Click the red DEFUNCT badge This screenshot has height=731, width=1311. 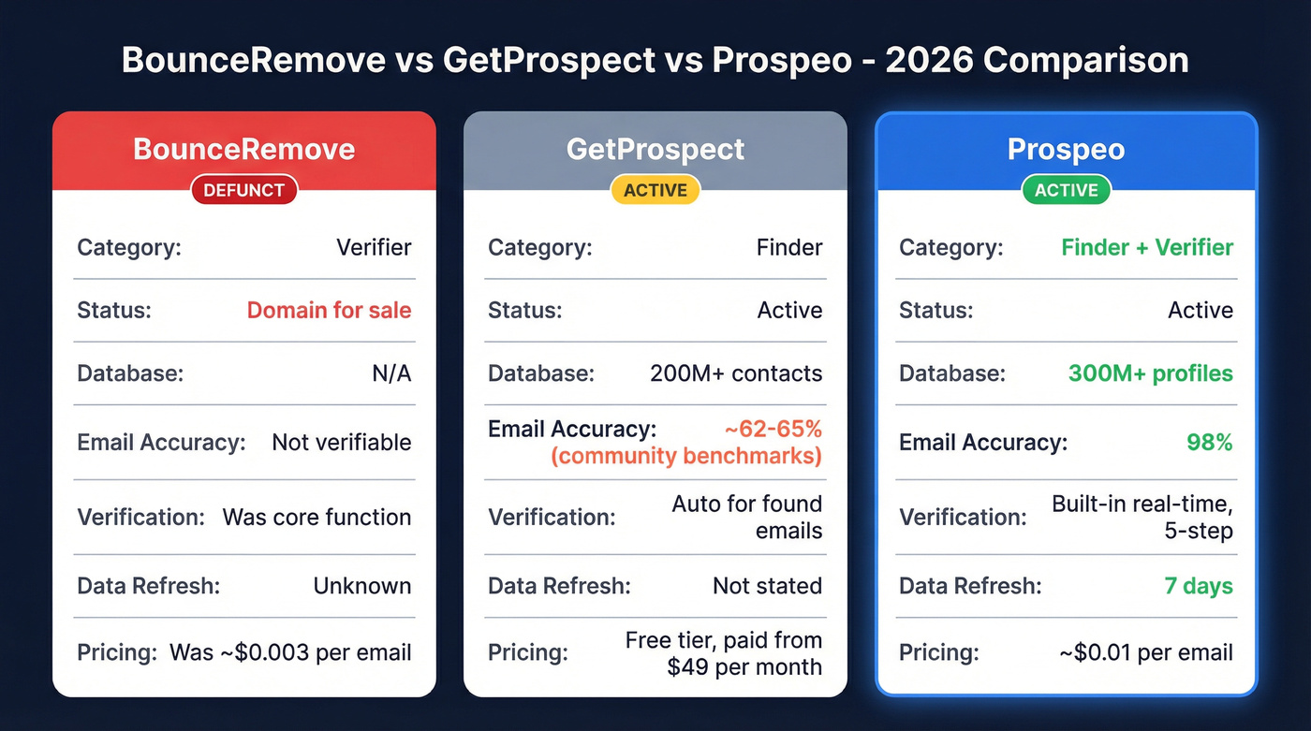(x=243, y=190)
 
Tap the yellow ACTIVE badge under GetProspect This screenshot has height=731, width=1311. (x=655, y=190)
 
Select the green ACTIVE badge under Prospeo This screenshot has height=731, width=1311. (x=1066, y=190)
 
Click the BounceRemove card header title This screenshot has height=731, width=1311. (x=243, y=149)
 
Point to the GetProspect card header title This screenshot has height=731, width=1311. (x=655, y=149)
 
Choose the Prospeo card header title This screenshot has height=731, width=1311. (x=1066, y=149)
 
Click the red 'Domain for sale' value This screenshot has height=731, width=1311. (x=329, y=310)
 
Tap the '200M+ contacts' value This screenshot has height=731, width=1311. (x=736, y=373)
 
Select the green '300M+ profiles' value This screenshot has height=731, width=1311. (x=1151, y=373)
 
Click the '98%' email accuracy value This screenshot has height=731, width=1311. (x=1210, y=442)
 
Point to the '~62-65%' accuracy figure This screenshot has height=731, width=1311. (x=773, y=429)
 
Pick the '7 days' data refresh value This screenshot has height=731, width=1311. (x=1199, y=586)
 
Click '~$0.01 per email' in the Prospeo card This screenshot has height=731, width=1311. (x=1146, y=652)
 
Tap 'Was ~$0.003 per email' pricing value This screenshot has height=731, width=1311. (x=290, y=652)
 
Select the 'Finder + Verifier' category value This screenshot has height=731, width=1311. (x=1147, y=247)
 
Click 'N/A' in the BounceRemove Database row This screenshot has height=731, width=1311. (x=391, y=373)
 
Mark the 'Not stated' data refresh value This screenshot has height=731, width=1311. (x=767, y=586)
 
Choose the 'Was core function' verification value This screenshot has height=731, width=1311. (x=317, y=517)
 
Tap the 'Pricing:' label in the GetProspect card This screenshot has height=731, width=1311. (x=527, y=652)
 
